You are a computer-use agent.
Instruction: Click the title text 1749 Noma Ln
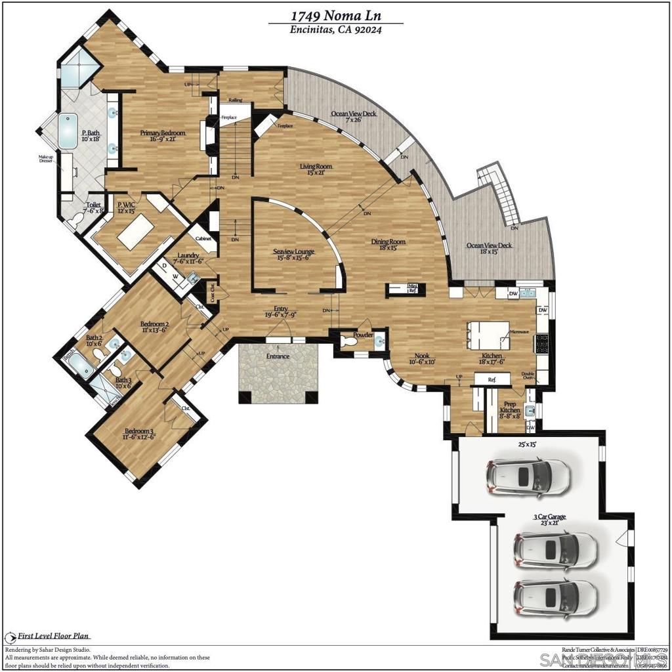click(x=335, y=15)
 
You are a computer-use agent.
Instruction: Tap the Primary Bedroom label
click(x=163, y=133)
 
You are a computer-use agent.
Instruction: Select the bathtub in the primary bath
click(x=68, y=132)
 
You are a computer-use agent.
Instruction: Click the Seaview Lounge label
click(x=293, y=252)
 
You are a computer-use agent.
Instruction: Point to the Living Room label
click(x=316, y=167)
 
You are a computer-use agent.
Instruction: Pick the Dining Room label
click(x=388, y=241)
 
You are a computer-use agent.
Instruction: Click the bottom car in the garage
click(x=555, y=595)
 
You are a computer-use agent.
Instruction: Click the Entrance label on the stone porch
click(x=278, y=356)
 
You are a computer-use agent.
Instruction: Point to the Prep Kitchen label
click(x=510, y=407)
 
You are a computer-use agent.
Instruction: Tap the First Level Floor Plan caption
click(x=54, y=635)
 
